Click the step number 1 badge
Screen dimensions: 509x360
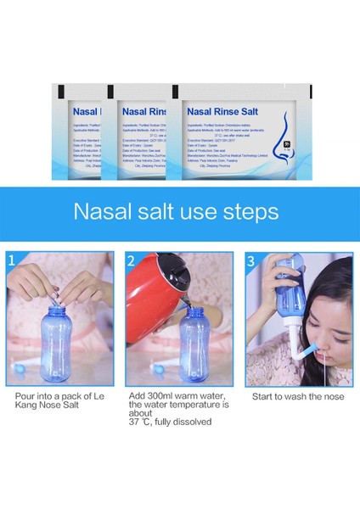tap(13, 259)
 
